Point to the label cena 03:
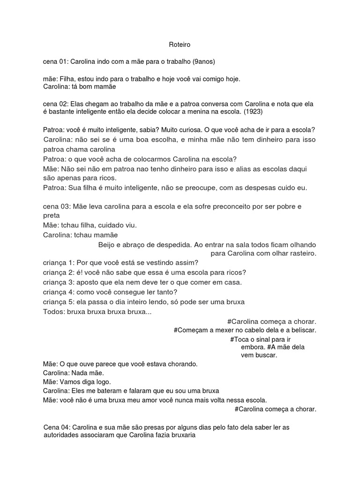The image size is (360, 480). coord(55,207)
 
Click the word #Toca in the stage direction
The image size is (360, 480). coord(240,339)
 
